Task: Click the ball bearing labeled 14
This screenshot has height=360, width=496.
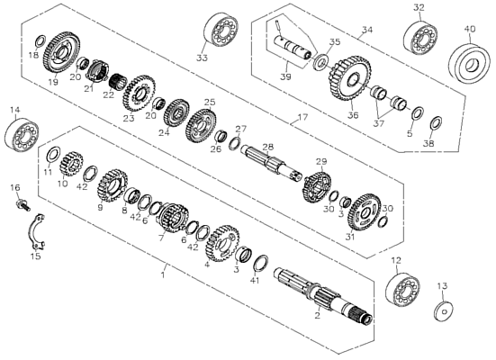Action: [x=22, y=134]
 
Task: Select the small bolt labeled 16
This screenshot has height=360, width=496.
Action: [x=23, y=204]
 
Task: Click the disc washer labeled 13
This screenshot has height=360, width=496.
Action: [x=443, y=311]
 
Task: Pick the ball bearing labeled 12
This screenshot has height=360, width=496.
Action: [x=403, y=290]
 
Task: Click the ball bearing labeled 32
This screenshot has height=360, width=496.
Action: [x=420, y=37]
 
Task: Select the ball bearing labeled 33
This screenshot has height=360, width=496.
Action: [x=221, y=31]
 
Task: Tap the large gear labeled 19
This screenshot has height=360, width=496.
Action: [x=61, y=52]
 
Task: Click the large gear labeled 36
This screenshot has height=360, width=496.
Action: [x=350, y=77]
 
